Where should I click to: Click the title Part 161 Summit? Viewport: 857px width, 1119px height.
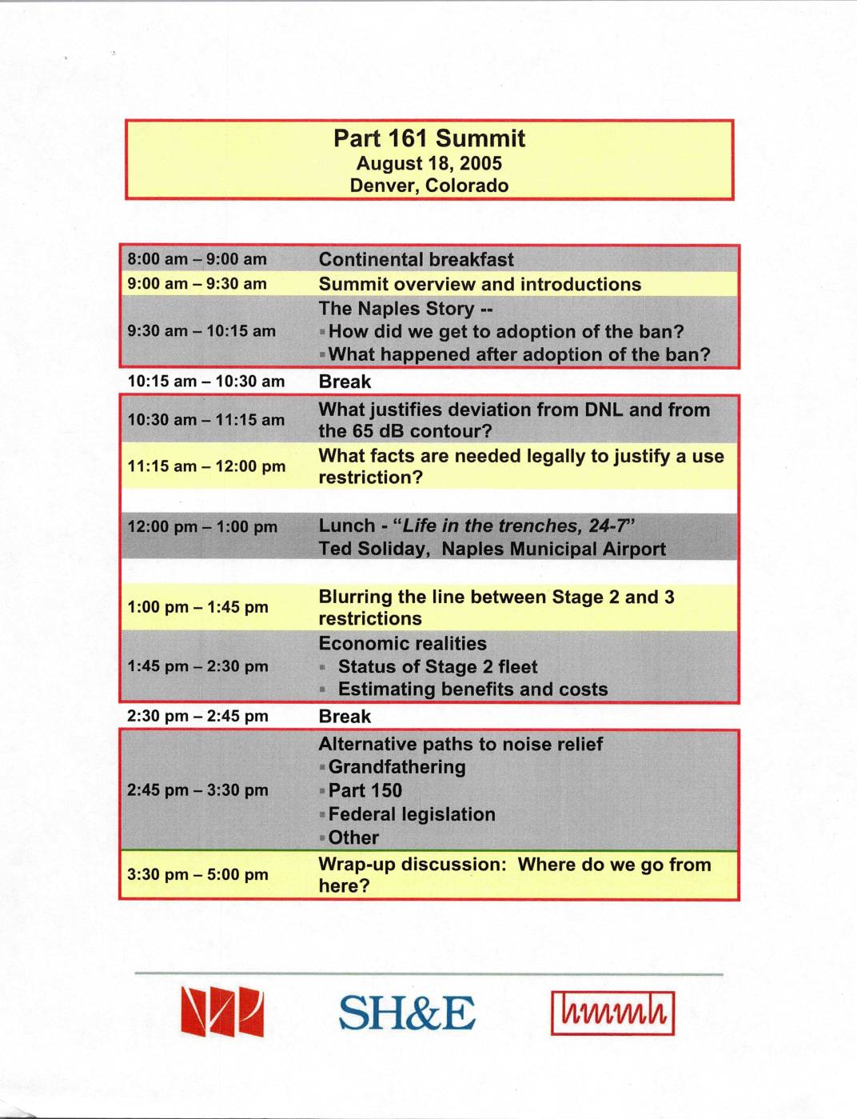pos(429,138)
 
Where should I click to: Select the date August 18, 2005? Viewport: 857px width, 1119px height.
pos(429,163)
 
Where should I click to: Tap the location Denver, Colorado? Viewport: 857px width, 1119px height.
pos(429,186)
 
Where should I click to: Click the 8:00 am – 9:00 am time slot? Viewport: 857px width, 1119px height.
pos(197,259)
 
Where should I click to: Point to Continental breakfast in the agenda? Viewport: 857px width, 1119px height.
pos(416,259)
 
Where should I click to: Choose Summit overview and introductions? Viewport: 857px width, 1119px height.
pos(480,284)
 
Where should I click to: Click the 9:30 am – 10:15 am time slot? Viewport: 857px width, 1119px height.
pos(201,331)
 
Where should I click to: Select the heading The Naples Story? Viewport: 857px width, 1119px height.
pos(405,309)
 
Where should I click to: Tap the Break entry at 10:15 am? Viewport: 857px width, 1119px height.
pos(345,382)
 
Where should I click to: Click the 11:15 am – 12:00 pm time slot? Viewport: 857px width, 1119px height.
pos(206,466)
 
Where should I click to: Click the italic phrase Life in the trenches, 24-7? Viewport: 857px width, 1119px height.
pos(516,526)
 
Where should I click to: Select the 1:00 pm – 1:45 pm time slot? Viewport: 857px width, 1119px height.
pos(197,607)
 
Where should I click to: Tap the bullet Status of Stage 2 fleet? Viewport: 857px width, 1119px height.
pos(437,666)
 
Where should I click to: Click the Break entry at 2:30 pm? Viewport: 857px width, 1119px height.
pos(345,716)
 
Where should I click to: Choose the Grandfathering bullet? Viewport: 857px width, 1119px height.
pos(397,767)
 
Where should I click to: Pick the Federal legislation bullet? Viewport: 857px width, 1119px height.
pos(412,814)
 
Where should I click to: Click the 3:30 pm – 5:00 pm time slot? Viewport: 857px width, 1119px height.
pos(197,874)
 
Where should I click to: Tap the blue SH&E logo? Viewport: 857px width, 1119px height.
pos(406,1013)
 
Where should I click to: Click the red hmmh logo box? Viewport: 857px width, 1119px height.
pos(612,1013)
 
